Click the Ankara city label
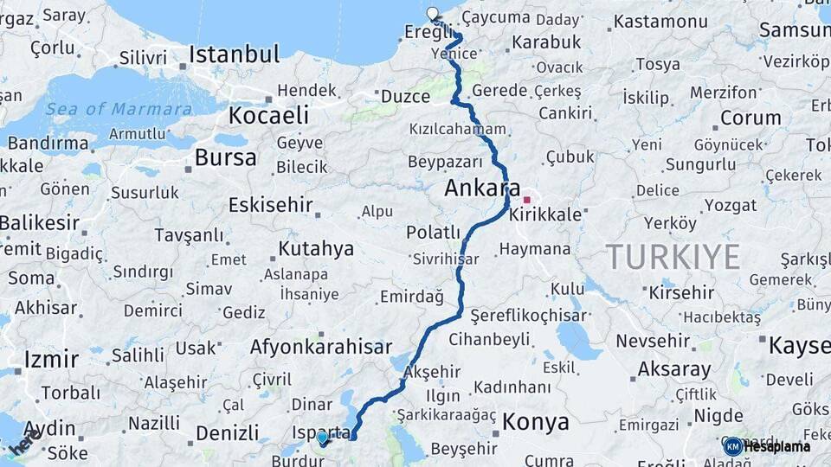(482, 188)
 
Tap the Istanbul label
(234, 54)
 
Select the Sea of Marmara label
(119, 109)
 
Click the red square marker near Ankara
(526, 200)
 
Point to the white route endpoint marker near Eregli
(433, 13)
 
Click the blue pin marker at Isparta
(322, 438)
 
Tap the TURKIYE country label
(673, 257)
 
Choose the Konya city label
(536, 422)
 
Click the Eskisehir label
(268, 205)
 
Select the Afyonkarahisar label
(321, 348)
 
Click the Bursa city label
(225, 157)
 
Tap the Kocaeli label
(268, 116)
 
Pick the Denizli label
(227, 432)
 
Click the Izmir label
(51, 359)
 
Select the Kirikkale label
(546, 214)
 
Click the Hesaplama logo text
(776, 446)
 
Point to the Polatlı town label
(433, 232)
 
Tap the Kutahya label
(316, 249)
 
